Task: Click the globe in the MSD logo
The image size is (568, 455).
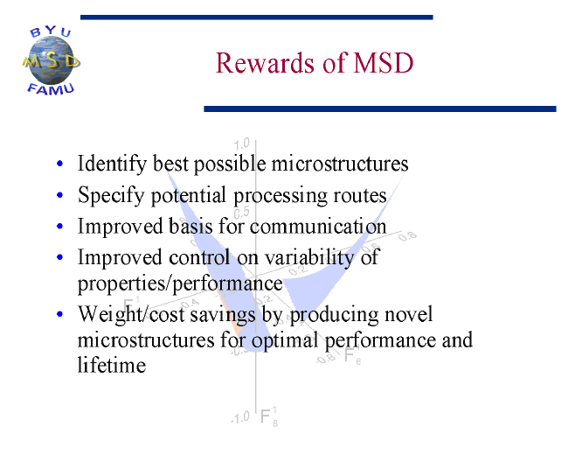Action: tap(51, 61)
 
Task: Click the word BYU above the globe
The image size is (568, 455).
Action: tap(51, 31)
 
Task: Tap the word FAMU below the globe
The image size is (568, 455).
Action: tap(51, 89)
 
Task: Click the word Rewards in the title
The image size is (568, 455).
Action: tap(265, 63)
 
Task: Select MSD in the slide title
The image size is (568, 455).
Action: tap(384, 63)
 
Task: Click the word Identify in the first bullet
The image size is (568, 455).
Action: tap(112, 164)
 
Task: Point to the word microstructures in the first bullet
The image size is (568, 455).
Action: tap(340, 164)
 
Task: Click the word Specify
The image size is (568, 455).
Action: tap(111, 195)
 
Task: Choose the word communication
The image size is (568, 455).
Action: tap(318, 227)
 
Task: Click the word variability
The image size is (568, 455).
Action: tap(309, 258)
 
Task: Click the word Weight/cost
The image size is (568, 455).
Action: tap(131, 314)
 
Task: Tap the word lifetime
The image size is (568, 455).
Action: tap(112, 365)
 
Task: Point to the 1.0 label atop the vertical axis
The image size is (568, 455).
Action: tap(241, 143)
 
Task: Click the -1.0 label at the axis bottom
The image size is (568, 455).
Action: tap(240, 417)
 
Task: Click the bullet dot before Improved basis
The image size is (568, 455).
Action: tap(59, 227)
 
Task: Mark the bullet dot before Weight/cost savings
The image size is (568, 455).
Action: tap(59, 314)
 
